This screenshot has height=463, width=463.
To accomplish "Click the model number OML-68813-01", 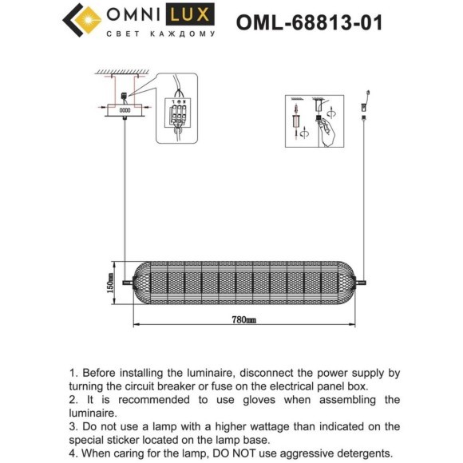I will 309,22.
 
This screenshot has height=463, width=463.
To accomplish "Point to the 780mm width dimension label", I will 244,321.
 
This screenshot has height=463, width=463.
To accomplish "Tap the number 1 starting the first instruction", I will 73,373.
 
